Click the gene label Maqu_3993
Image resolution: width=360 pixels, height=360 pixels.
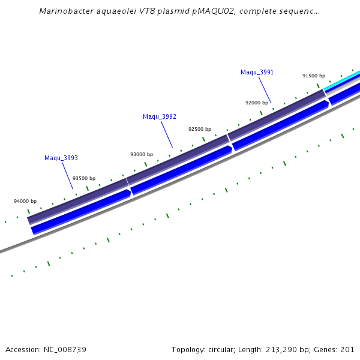point(61,158)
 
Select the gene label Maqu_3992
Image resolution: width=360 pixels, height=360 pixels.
point(160,116)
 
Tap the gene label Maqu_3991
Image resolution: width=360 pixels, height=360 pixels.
point(257,73)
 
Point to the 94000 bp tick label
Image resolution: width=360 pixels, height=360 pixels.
point(25,202)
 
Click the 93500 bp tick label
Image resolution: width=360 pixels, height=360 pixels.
point(84,179)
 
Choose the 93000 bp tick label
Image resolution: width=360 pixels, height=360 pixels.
point(142,155)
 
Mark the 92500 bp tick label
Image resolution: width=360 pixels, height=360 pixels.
point(200,130)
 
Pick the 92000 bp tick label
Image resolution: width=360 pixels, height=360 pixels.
point(257,103)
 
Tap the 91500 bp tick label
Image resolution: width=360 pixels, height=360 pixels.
point(314,76)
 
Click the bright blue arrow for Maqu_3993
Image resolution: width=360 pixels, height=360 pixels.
point(81,211)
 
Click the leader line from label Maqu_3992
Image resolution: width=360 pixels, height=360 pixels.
point(166,134)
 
